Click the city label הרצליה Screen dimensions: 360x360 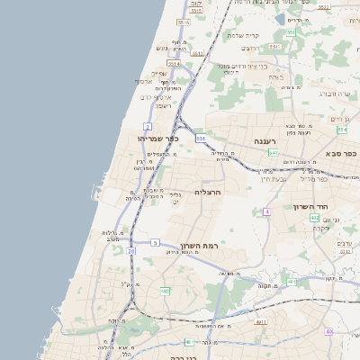(x=208, y=192)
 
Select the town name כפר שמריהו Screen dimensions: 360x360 (x=158, y=139)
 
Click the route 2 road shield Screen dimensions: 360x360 (x=148, y=127)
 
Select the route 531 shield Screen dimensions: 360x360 (x=201, y=138)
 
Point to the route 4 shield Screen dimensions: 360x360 (x=266, y=211)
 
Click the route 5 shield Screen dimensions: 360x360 (x=155, y=242)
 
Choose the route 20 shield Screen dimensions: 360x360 (x=131, y=251)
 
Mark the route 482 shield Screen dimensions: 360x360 (x=165, y=292)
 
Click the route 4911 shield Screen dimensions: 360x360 (x=262, y=321)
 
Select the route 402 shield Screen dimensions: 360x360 (x=314, y=218)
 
